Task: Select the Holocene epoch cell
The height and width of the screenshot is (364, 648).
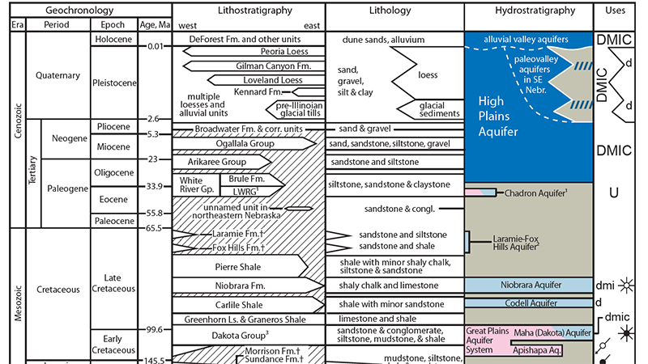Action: point(113,37)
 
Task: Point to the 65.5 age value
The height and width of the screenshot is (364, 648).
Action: point(155,228)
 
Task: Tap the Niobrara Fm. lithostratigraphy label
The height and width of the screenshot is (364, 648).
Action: point(240,285)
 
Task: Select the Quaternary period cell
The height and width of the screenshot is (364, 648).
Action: point(58,75)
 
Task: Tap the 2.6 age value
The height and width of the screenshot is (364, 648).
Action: point(155,119)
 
